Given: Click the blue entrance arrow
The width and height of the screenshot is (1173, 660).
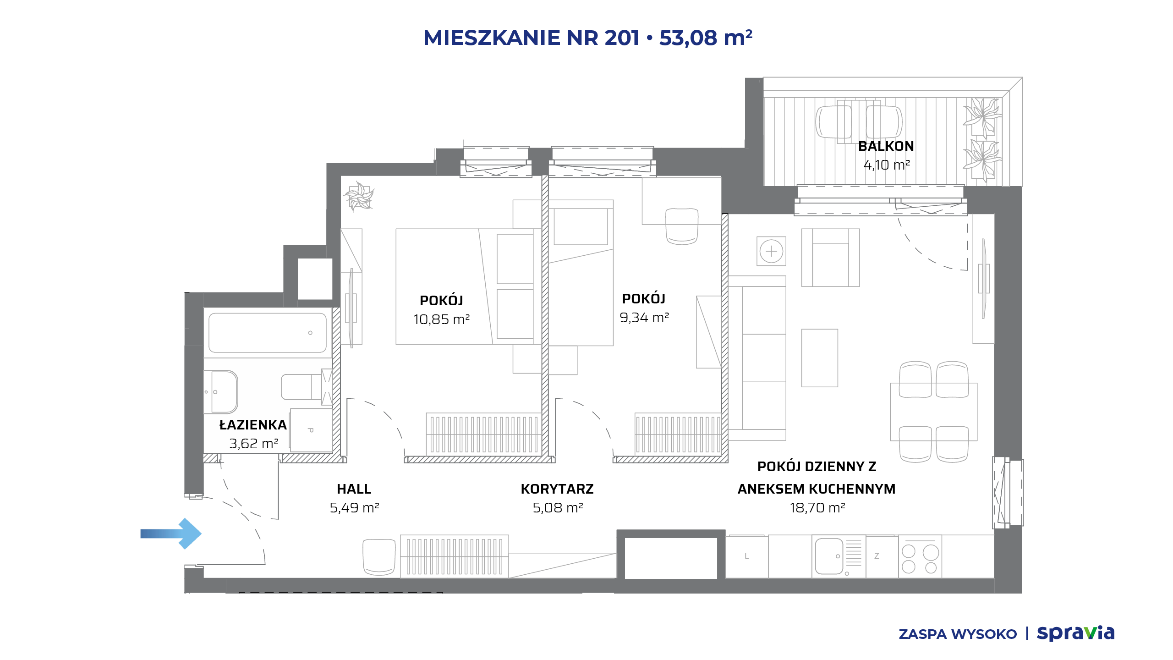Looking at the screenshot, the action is [171, 533].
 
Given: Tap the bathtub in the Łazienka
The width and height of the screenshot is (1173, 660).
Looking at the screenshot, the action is [268, 333].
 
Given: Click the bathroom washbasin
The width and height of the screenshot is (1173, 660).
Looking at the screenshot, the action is [221, 392].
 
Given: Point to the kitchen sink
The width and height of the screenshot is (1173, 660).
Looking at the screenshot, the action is [829, 556].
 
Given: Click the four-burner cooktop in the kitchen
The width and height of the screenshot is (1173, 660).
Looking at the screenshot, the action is [920, 556].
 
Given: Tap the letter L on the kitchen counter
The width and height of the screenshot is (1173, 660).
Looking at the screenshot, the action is [746, 556].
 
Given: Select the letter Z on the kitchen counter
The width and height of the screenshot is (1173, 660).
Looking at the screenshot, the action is [877, 556].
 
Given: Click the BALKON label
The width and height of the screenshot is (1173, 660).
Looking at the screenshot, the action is [886, 146].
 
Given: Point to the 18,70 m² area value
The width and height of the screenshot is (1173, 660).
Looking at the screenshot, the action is [817, 508].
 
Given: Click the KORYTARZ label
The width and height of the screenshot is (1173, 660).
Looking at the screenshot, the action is [557, 489].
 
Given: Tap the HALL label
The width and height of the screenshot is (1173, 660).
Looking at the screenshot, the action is [354, 489].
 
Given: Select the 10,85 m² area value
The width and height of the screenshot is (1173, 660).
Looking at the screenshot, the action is [442, 319].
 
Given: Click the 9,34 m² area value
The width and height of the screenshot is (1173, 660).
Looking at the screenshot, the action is [644, 317].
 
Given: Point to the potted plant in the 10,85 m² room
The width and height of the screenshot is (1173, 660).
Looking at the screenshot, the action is [359, 197].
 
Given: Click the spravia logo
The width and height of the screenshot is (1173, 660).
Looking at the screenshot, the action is [1076, 633].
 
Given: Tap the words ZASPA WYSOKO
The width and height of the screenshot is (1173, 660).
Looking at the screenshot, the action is [958, 634].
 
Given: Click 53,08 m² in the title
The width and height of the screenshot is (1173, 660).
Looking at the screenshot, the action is [706, 38].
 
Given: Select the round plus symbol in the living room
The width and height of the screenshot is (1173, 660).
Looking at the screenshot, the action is [772, 251].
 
